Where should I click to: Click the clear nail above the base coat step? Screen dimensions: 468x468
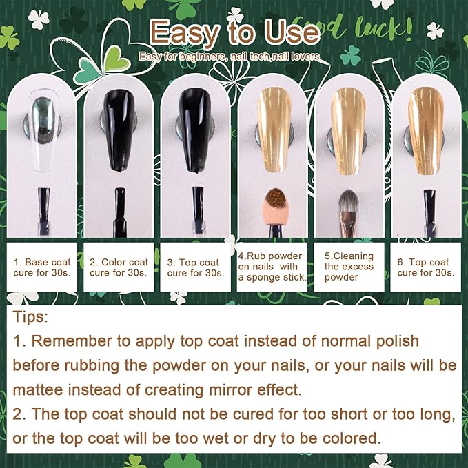[x=43, y=130]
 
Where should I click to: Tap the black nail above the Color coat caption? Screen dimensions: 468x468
[x=119, y=130]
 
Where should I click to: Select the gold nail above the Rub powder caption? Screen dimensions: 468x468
[x=274, y=130]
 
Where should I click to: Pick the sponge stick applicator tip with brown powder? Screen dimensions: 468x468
[x=275, y=197]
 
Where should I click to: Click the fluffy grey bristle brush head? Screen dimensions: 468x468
[x=349, y=201]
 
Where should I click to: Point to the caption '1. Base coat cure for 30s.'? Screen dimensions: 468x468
[x=42, y=267]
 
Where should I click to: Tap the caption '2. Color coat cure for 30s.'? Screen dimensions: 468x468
[x=119, y=267]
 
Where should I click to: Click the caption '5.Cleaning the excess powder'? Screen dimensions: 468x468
[x=349, y=267]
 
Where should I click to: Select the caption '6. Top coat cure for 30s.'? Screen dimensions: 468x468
[x=426, y=267]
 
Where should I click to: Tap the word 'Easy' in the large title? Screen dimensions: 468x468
[x=185, y=33]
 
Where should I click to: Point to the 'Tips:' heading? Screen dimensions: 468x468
[x=30, y=316]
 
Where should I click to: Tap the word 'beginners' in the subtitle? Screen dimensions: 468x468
[x=203, y=57]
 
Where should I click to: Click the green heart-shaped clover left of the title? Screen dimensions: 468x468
[x=117, y=59]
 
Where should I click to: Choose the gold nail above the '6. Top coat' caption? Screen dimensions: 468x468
[x=426, y=131]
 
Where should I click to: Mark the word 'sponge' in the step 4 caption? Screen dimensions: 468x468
[x=263, y=278]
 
